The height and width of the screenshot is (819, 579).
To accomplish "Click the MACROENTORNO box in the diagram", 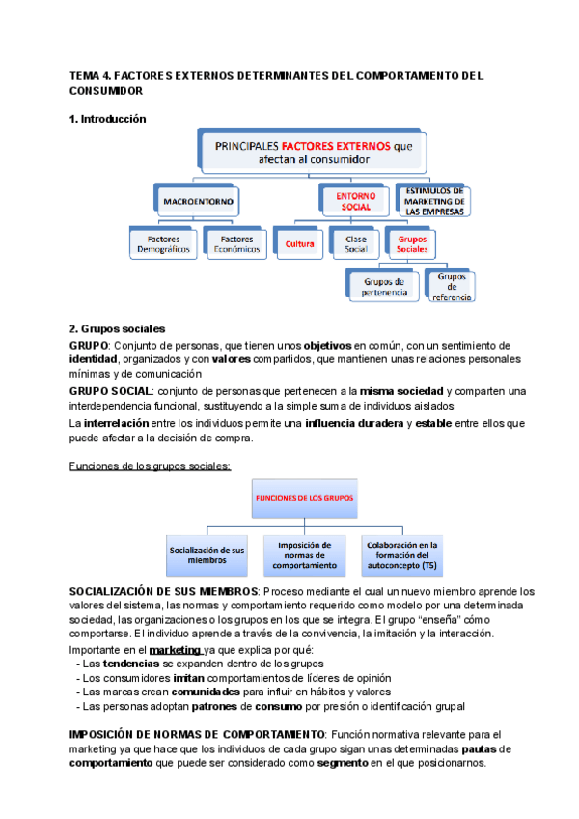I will [197, 202].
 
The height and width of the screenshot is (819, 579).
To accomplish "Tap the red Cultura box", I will [300, 244].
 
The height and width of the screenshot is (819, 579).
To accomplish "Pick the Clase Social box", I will [356, 244].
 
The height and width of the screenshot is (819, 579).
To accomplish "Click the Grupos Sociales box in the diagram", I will [413, 243].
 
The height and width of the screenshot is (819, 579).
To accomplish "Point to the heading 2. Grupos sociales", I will [117, 328].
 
